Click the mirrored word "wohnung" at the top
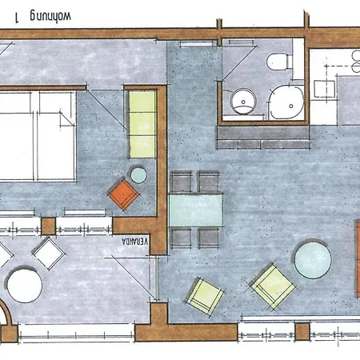[50, 16]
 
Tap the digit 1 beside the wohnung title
[18, 18]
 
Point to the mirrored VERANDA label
[134, 241]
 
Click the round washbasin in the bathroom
[243, 102]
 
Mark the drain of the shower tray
[291, 106]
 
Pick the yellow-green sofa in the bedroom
[142, 124]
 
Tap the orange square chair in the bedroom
[123, 194]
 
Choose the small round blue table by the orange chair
[138, 175]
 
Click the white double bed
[38, 136]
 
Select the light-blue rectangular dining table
[196, 210]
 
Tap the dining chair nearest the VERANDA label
[182, 238]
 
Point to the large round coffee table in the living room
[313, 259]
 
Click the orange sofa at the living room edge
[358, 258]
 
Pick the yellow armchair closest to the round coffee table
[273, 287]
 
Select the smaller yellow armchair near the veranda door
[205, 296]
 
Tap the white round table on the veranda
[25, 285]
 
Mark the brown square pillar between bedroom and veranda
[49, 226]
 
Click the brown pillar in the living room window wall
[302, 331]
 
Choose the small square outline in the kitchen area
[324, 89]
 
